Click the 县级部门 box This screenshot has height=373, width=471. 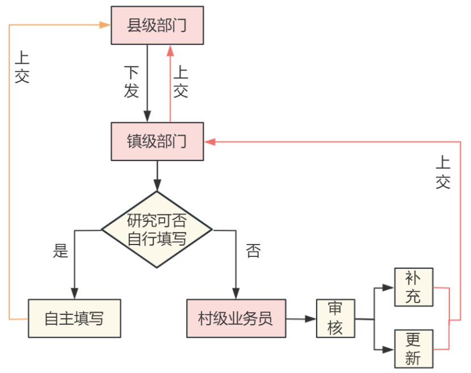tap(157, 26)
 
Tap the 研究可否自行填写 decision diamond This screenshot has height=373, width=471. tap(157, 229)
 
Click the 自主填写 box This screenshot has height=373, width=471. tap(74, 318)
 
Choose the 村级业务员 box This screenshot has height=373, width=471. tap(236, 318)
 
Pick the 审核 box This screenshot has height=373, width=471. tap(335, 318)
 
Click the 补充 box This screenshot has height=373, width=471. tap(414, 287)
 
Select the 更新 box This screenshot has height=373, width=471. tap(414, 348)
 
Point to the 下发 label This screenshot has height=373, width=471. tap(131, 81)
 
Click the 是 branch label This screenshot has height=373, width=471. tap(60, 250)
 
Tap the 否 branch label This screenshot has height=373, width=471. tap(253, 250)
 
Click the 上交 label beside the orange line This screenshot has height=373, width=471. tap(22, 67)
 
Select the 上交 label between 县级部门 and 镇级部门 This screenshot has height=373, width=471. tap(180, 81)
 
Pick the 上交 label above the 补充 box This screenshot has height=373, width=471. tap(443, 172)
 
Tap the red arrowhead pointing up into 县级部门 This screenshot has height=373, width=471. tap(170, 50)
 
